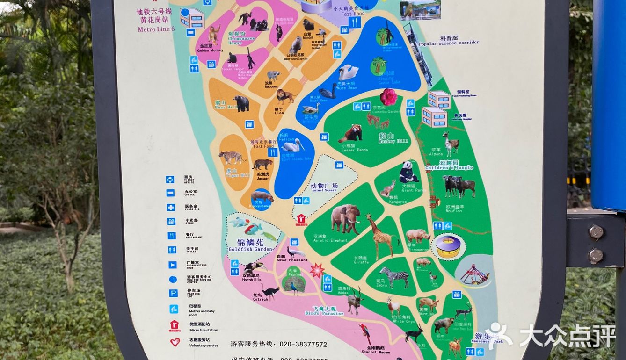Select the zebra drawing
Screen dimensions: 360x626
[395, 277]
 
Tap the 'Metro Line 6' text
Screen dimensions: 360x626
[156, 29]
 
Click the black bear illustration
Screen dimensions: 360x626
[241, 103]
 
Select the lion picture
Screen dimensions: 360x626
[285, 96]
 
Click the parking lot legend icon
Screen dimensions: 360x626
[173, 293]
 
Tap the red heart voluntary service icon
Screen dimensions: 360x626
[175, 342]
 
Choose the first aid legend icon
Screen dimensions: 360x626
[171, 207]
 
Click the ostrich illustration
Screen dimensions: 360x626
[270, 292]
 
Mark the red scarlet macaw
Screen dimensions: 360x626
[365, 333]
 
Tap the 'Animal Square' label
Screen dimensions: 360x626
[324, 187]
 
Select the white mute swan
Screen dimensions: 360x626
[348, 72]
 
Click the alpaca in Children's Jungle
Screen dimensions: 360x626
[451, 144]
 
